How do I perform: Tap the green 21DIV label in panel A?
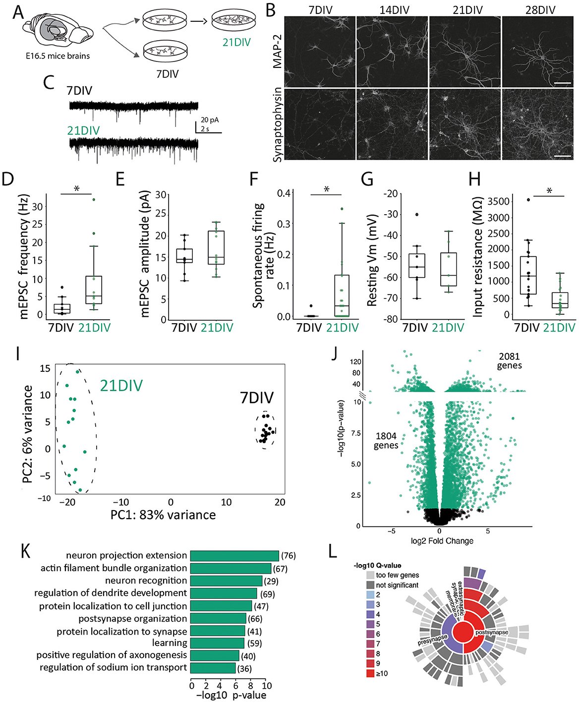point(236,42)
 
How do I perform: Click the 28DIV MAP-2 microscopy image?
point(539,51)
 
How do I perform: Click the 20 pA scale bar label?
point(210,120)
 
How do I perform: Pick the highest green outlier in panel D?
point(93,199)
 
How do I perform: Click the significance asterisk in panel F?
point(327,189)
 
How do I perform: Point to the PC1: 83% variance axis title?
point(163,515)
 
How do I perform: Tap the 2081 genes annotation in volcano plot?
point(509,361)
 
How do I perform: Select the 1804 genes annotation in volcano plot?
point(386,441)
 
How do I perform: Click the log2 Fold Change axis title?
point(442,540)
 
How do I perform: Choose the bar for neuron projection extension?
point(234,556)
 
